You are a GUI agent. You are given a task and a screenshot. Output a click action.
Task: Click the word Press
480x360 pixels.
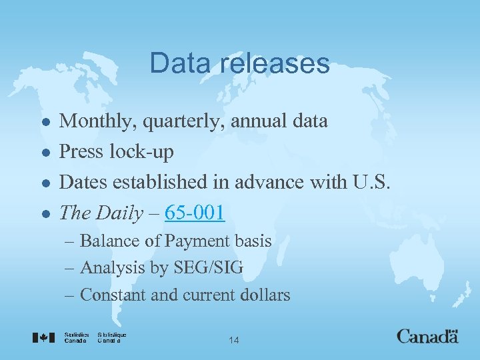[x=78, y=152]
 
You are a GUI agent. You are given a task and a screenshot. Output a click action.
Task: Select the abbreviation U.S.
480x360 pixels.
[x=374, y=182]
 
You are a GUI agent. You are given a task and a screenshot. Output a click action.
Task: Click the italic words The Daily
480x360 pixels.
[x=101, y=213]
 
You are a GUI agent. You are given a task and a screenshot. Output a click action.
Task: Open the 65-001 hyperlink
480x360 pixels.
[x=195, y=213]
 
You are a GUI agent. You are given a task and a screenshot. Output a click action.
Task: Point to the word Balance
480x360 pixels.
[x=108, y=241]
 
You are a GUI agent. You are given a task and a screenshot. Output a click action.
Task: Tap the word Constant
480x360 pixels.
[x=113, y=295]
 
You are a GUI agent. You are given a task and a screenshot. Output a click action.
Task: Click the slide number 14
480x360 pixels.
[x=233, y=341]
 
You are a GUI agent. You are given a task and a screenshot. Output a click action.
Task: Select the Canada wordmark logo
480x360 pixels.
[x=427, y=335]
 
